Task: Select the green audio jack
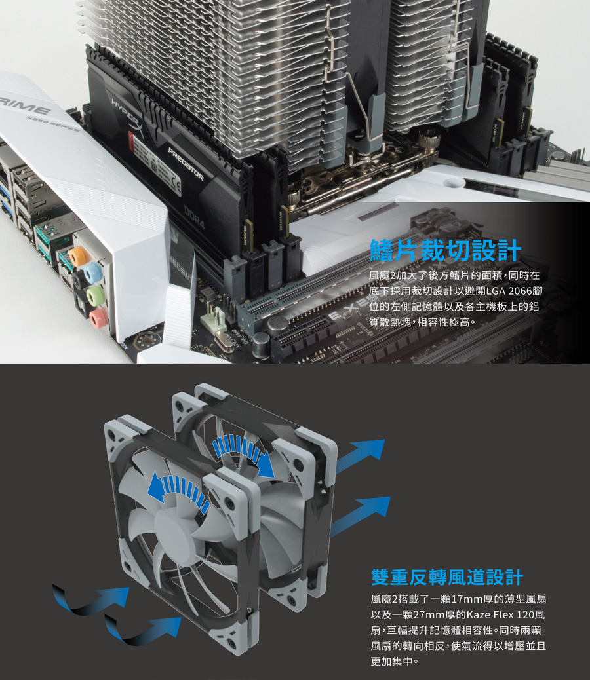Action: [x=95, y=294]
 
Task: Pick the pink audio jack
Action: [x=98, y=318]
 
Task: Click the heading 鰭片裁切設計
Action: [x=445, y=250]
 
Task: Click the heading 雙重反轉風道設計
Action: [x=447, y=576]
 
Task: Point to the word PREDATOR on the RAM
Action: [x=186, y=164]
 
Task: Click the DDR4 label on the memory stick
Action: [x=194, y=217]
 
